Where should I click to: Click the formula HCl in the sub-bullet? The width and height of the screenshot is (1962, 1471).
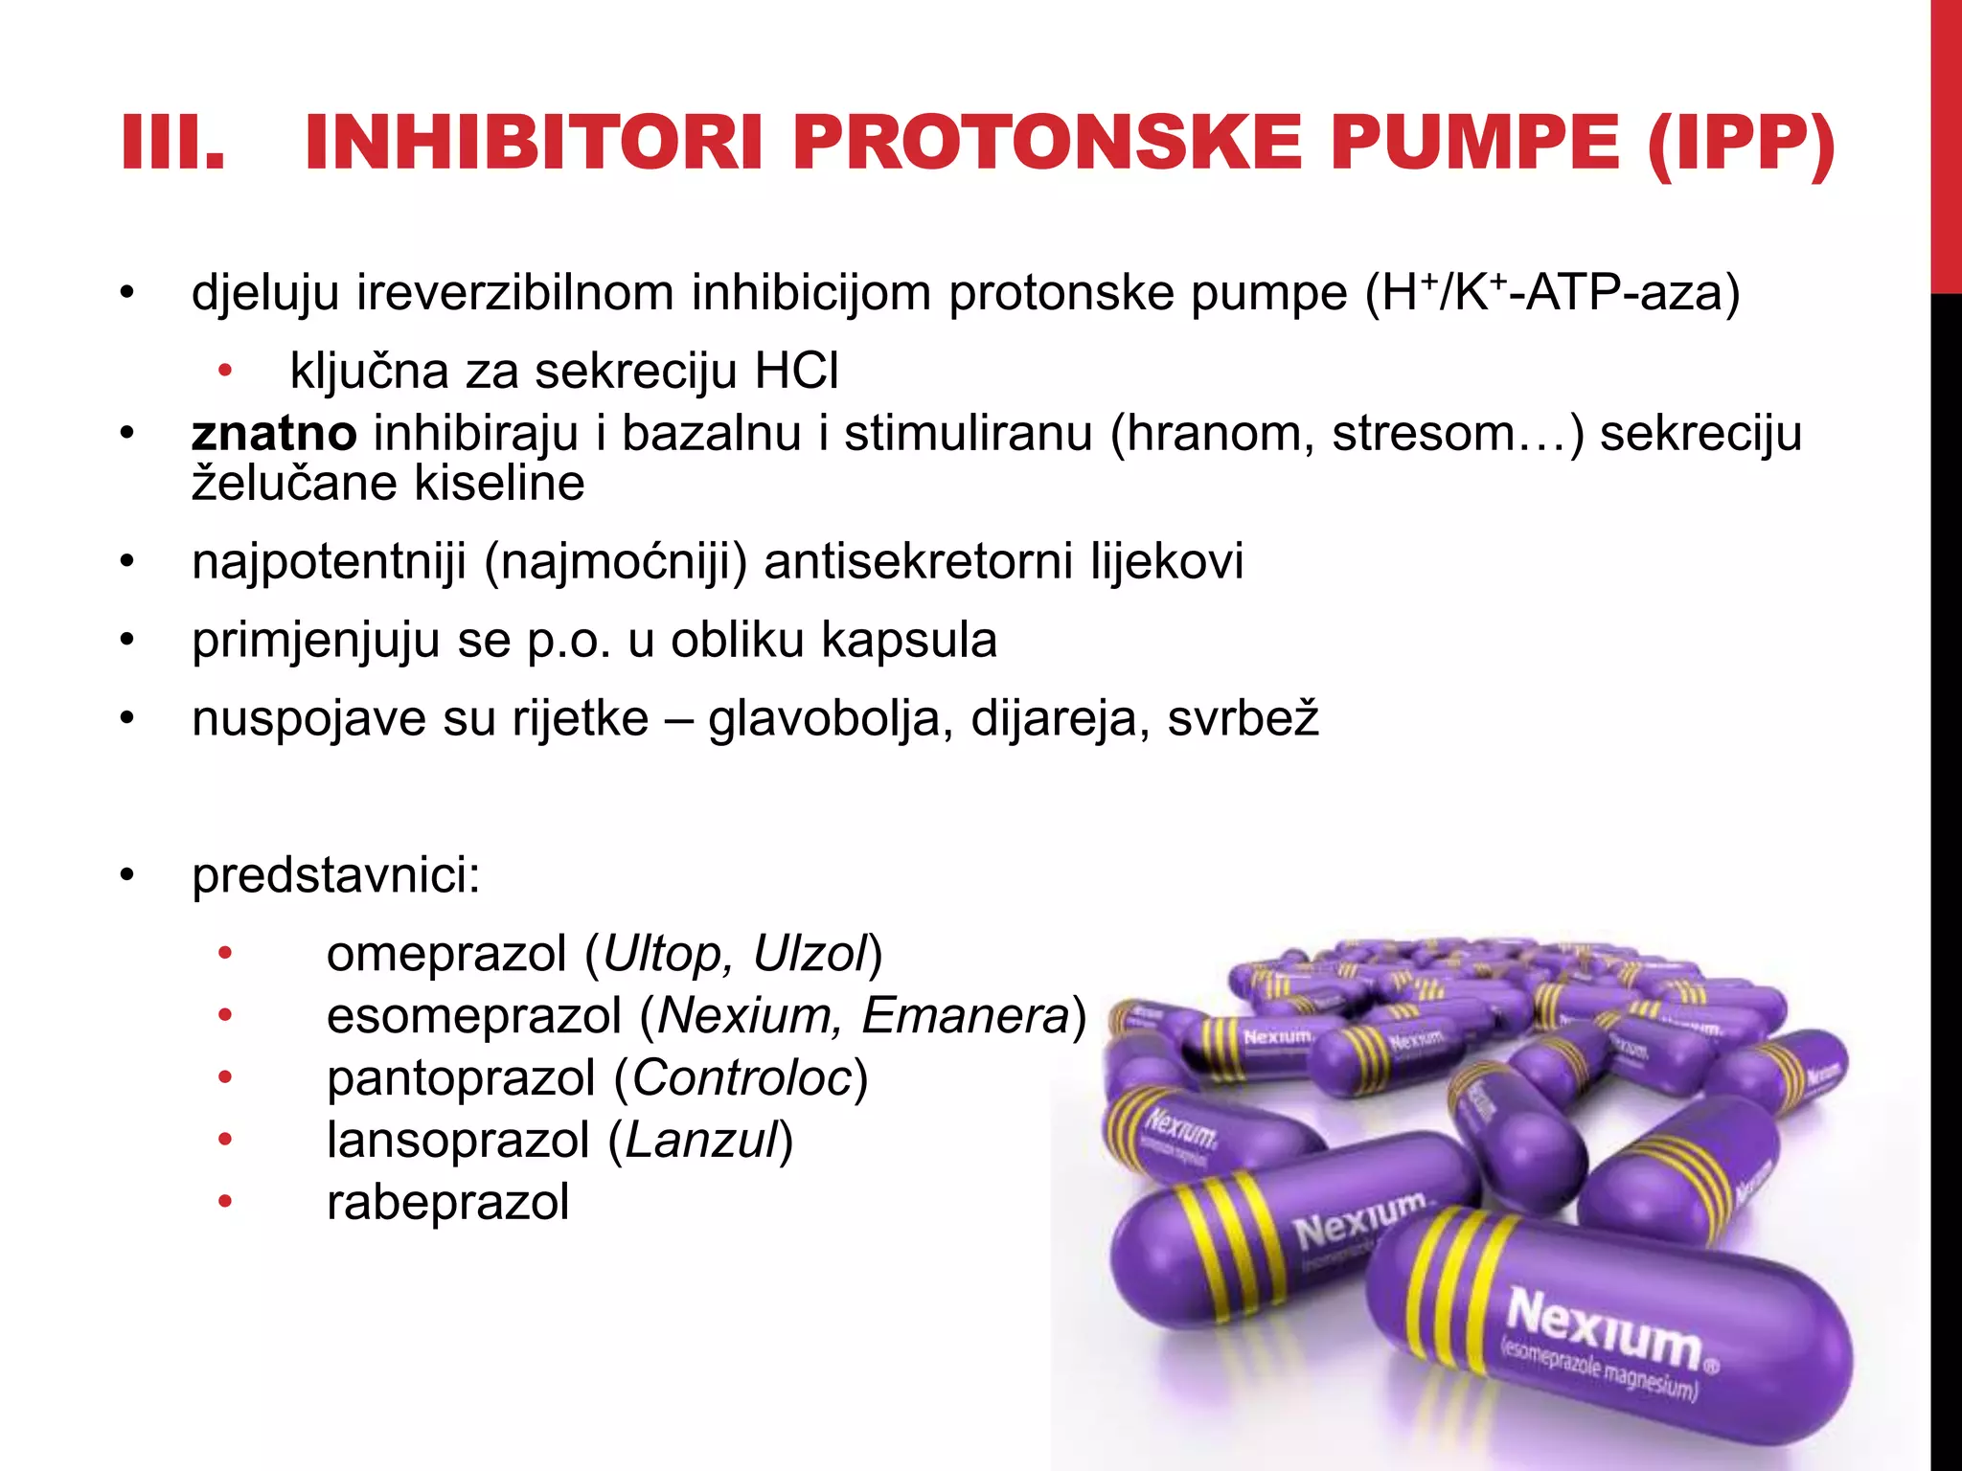click(796, 371)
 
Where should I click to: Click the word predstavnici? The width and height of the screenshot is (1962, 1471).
click(336, 875)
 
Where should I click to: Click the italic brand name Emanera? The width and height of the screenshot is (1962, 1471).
click(965, 1016)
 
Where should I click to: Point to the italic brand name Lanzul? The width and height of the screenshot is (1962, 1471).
click(701, 1141)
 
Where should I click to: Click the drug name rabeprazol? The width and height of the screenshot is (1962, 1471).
click(448, 1203)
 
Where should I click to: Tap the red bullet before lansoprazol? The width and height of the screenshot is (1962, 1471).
click(225, 1140)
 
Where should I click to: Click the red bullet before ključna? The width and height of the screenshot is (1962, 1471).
click(225, 371)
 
